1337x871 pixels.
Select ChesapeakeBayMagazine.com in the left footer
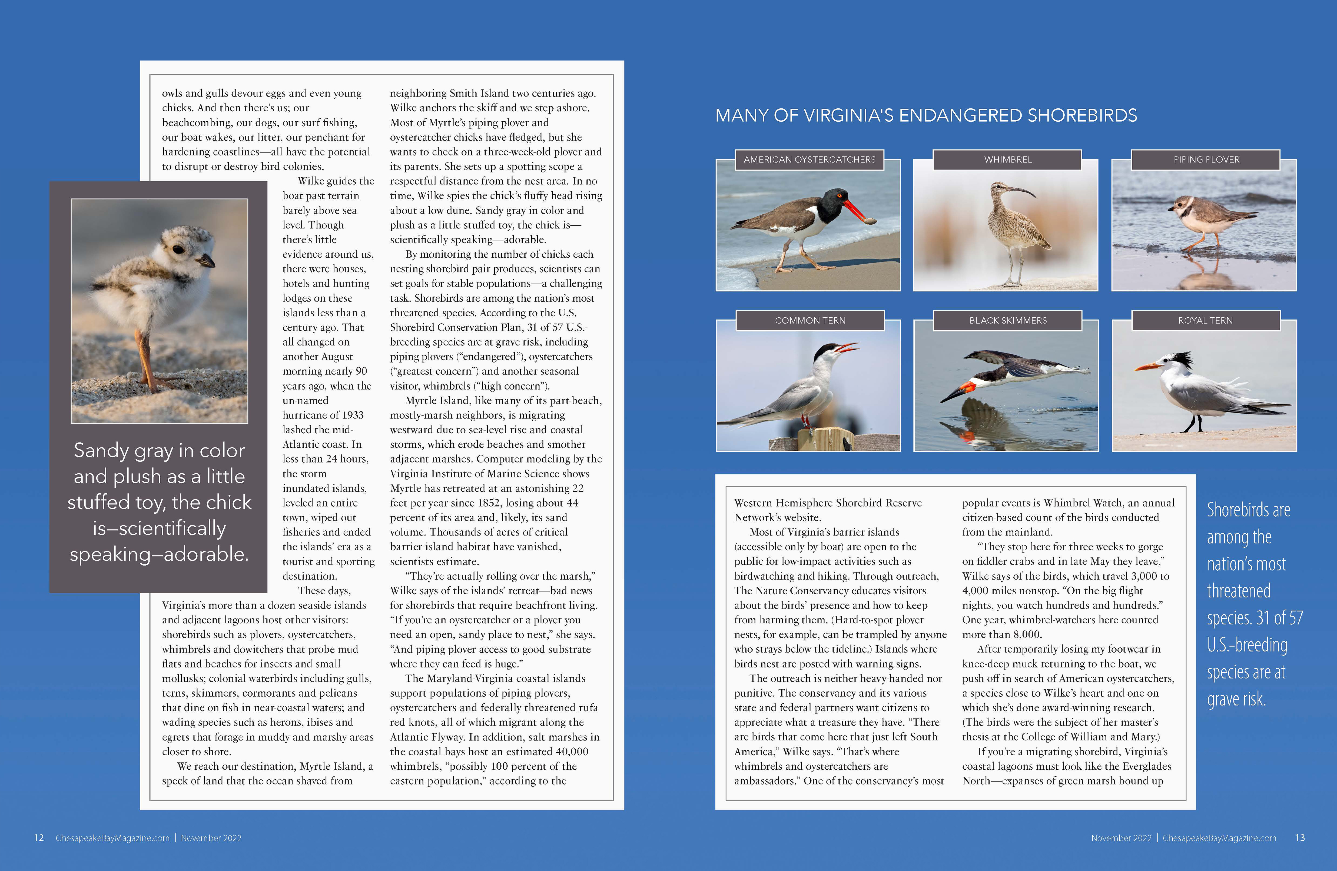click(112, 838)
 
